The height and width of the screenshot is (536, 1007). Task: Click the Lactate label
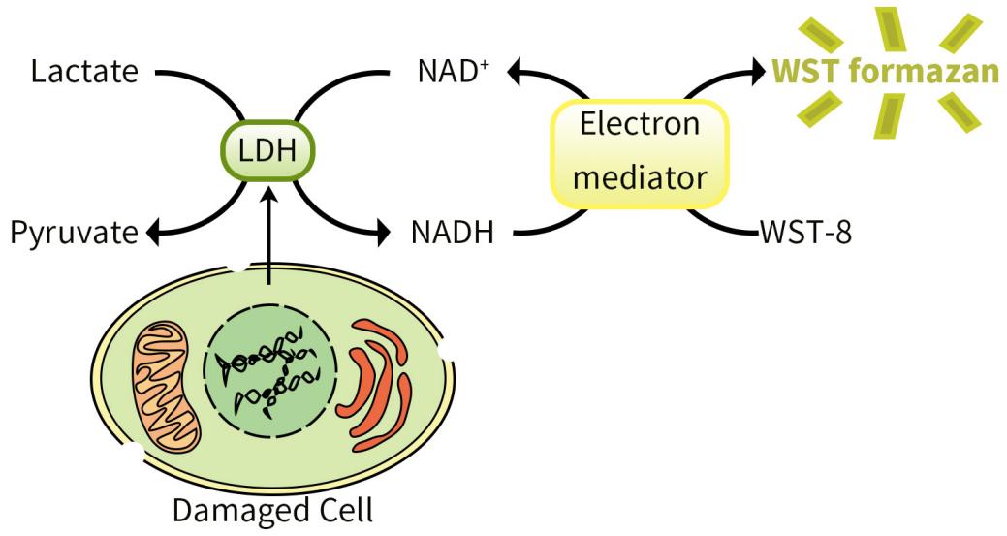tap(85, 72)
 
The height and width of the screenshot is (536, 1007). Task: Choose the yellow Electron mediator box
tap(639, 152)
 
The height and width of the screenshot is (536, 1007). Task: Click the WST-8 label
tap(805, 234)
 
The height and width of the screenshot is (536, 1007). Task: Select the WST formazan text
tap(884, 72)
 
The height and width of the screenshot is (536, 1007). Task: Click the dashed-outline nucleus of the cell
tap(270, 378)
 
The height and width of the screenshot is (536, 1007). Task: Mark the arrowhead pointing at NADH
tap(388, 234)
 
